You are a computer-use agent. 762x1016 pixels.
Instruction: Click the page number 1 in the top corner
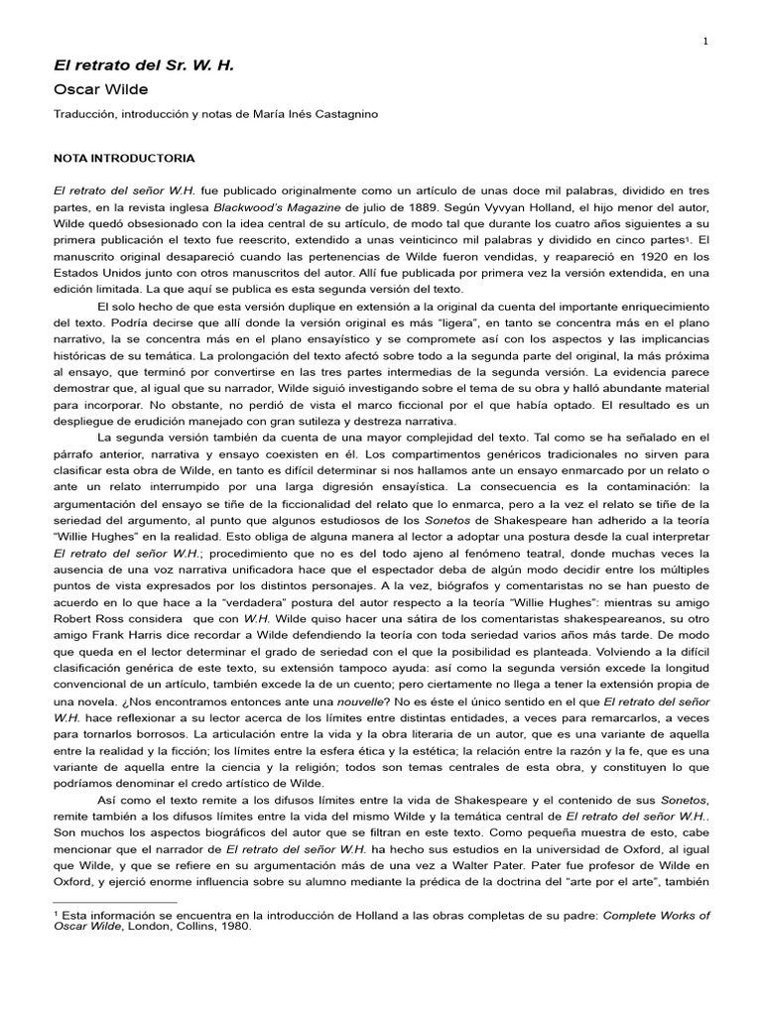(x=705, y=41)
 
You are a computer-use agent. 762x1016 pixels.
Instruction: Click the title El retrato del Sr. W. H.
(x=143, y=64)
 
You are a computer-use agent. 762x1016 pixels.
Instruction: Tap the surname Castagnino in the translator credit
(x=343, y=114)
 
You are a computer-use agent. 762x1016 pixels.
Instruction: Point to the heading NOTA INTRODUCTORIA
(x=124, y=158)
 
